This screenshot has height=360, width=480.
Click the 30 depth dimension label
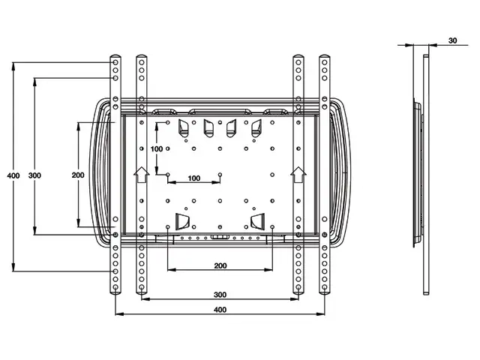click(452, 40)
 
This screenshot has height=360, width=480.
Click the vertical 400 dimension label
click(13, 175)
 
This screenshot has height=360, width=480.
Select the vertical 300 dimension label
click(34, 175)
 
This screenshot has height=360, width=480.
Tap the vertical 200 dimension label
click(78, 175)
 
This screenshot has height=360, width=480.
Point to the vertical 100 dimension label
click(157, 149)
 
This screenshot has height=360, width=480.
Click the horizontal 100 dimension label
click(194, 178)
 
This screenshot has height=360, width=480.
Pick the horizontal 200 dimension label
click(220, 265)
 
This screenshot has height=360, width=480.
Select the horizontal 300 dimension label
click(220, 295)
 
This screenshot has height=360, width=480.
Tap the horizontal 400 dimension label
click(220, 310)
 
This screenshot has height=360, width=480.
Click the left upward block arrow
click(142, 175)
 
